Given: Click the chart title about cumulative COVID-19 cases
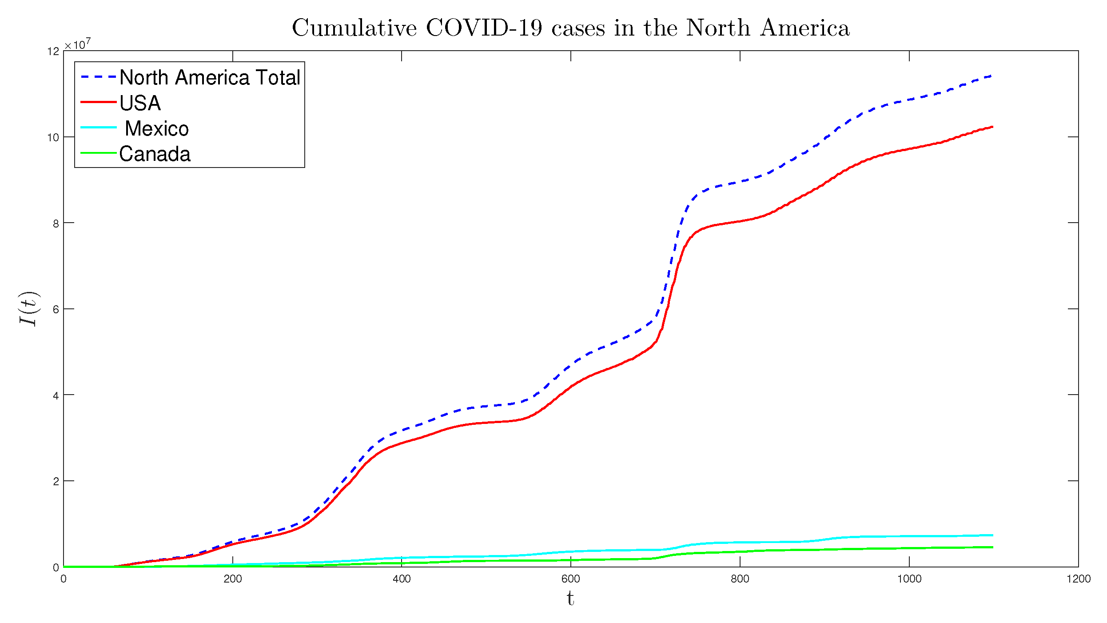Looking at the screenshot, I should click(570, 28).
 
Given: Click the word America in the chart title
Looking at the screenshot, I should click(804, 28).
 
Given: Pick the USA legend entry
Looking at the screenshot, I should click(140, 103).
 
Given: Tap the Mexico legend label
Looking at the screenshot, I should click(156, 128).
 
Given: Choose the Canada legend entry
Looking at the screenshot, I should click(155, 154).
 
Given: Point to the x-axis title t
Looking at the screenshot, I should click(570, 599).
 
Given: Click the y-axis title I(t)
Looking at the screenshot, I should click(29, 309).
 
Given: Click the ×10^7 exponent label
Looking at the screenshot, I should click(78, 44).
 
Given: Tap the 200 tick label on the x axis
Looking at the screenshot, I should click(232, 579).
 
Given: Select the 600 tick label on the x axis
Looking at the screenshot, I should click(570, 579).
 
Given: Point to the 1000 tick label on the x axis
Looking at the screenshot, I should click(909, 579).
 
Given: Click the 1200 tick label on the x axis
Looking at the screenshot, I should click(1078, 579).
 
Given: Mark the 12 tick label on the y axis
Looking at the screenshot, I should click(53, 52).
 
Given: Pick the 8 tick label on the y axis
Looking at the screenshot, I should click(56, 224).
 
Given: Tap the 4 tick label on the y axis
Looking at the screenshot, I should click(56, 395).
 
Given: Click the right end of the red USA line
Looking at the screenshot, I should click(992, 127).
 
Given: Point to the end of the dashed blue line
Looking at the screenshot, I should click(991, 76).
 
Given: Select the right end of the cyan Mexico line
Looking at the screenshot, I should click(992, 535).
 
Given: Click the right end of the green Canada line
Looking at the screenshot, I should click(992, 547).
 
